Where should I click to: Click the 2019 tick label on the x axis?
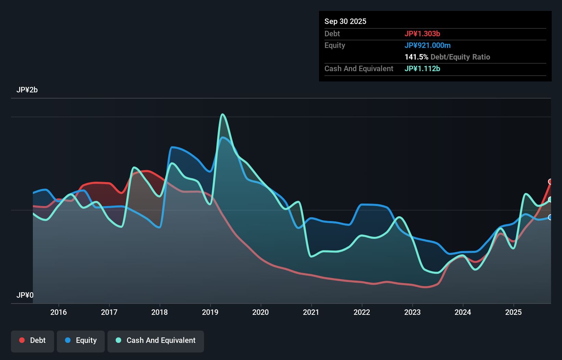coord(210,312)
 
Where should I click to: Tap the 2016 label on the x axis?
coord(59,312)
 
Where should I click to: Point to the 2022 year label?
coord(362,312)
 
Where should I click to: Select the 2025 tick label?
coord(513,312)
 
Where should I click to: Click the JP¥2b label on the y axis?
coord(27,90)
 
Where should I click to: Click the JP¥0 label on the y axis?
coord(25,295)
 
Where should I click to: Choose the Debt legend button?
coord(33,340)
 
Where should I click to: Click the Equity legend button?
coord(81,340)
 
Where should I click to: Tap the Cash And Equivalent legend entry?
coord(156,340)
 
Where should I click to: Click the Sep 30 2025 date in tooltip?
coord(345,21)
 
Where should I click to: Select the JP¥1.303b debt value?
coord(422,34)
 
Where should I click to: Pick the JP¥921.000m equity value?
coord(427,45)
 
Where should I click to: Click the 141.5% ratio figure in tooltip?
coord(416,57)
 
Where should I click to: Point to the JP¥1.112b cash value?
coord(422,68)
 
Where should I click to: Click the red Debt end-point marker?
coord(550,182)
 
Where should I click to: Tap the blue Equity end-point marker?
coord(550,217)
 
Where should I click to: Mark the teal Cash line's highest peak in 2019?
coord(223,114)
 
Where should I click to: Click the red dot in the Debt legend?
coord(22,340)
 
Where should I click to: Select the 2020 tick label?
coord(260,312)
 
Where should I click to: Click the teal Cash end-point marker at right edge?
coord(550,200)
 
